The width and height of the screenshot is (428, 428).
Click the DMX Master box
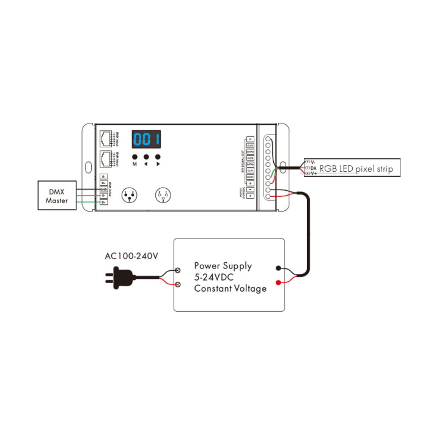coord(57,195)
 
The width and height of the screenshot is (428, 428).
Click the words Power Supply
coord(223,266)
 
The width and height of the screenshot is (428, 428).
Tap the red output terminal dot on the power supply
coord(279,282)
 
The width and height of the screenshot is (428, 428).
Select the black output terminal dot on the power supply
coord(279,268)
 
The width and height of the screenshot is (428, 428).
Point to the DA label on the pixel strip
coord(314,168)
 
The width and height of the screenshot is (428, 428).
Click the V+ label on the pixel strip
coord(314,174)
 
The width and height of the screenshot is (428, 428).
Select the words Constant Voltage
coord(230,288)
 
